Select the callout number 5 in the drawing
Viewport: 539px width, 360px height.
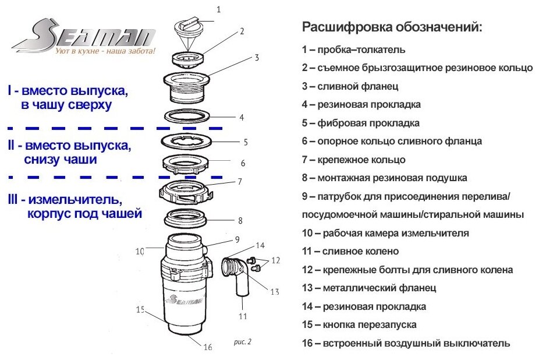pyautogui.click(x=246, y=142)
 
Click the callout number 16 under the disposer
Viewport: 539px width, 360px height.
pyautogui.click(x=208, y=347)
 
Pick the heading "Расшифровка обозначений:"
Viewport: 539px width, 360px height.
pyautogui.click(x=392, y=27)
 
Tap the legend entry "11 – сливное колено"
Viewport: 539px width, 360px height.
pyautogui.click(x=350, y=252)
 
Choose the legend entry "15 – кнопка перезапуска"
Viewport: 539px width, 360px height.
pyautogui.click(x=359, y=324)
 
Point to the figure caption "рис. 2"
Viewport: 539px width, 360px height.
pyautogui.click(x=242, y=342)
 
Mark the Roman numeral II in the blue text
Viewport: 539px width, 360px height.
pyautogui.click(x=12, y=146)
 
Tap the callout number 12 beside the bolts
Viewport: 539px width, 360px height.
pyautogui.click(x=275, y=259)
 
